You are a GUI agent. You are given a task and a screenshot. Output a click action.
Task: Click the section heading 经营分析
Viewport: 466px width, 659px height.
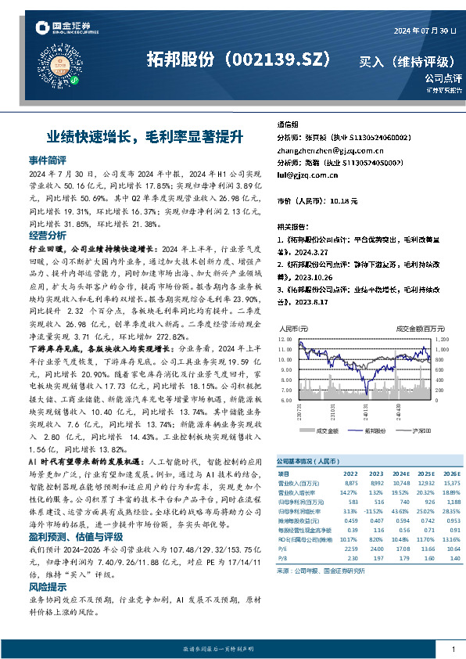pyautogui.click(x=48, y=236)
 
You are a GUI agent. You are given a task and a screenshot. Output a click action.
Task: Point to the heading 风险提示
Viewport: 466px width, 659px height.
pyautogui.click(x=48, y=586)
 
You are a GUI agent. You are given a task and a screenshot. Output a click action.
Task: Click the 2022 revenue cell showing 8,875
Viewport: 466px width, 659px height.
pyautogui.click(x=349, y=484)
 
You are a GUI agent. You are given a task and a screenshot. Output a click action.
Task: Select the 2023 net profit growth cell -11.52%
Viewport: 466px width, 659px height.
pyautogui.click(x=376, y=510)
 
